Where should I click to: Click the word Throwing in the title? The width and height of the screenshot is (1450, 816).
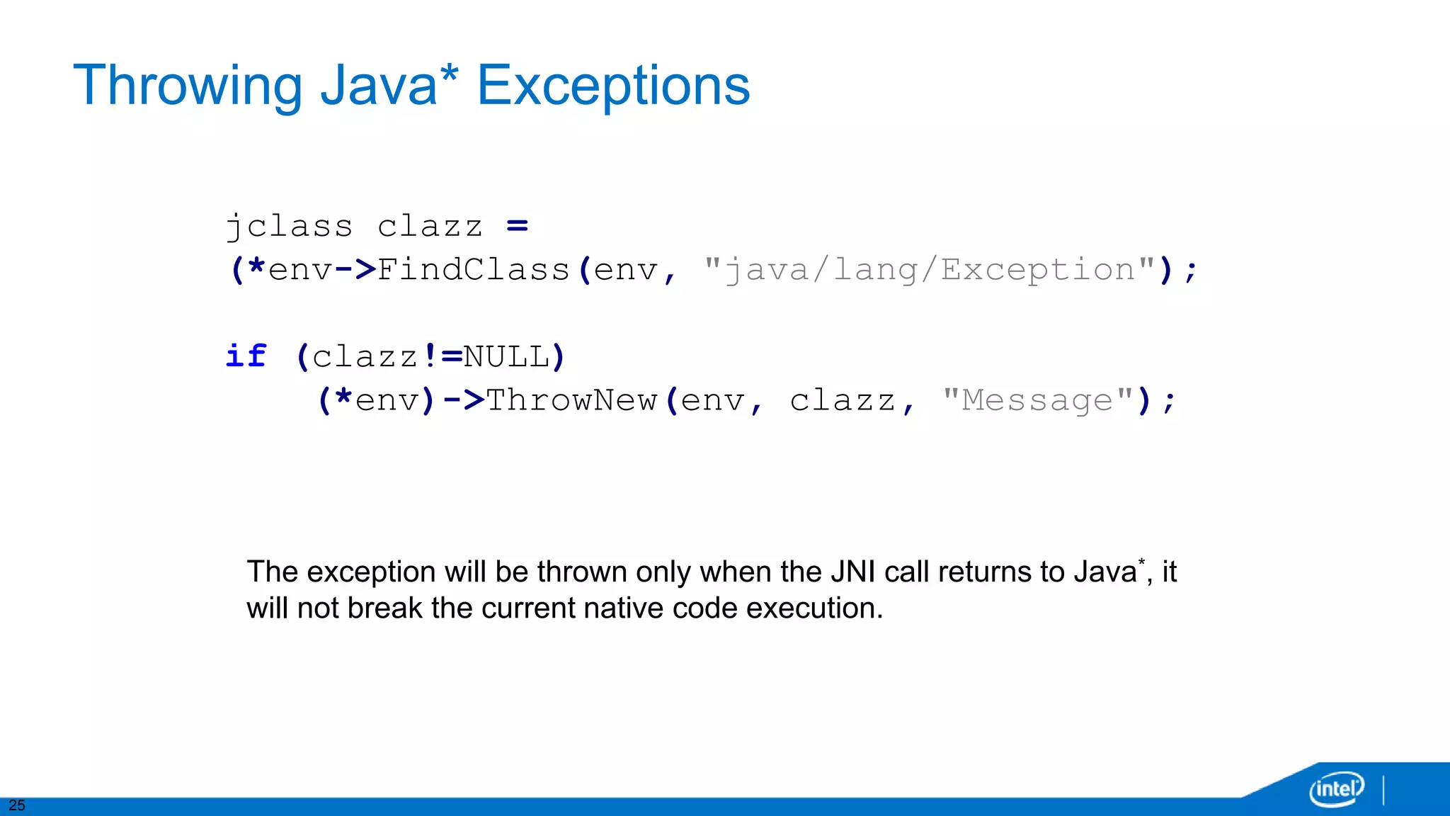(187, 86)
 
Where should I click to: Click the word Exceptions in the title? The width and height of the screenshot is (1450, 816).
(613, 86)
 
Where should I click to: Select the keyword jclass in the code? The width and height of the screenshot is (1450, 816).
(289, 227)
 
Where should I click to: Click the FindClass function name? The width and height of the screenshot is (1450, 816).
(474, 271)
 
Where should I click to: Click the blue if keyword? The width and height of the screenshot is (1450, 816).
(246, 356)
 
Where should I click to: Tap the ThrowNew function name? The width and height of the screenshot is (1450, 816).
(571, 401)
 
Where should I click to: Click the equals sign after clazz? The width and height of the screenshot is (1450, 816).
(518, 227)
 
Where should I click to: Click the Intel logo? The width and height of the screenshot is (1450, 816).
(1335, 788)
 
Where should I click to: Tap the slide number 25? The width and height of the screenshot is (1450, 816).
(17, 805)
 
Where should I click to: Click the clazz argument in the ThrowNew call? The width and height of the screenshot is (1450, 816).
(843, 401)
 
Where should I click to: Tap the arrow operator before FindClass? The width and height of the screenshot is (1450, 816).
(355, 271)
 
